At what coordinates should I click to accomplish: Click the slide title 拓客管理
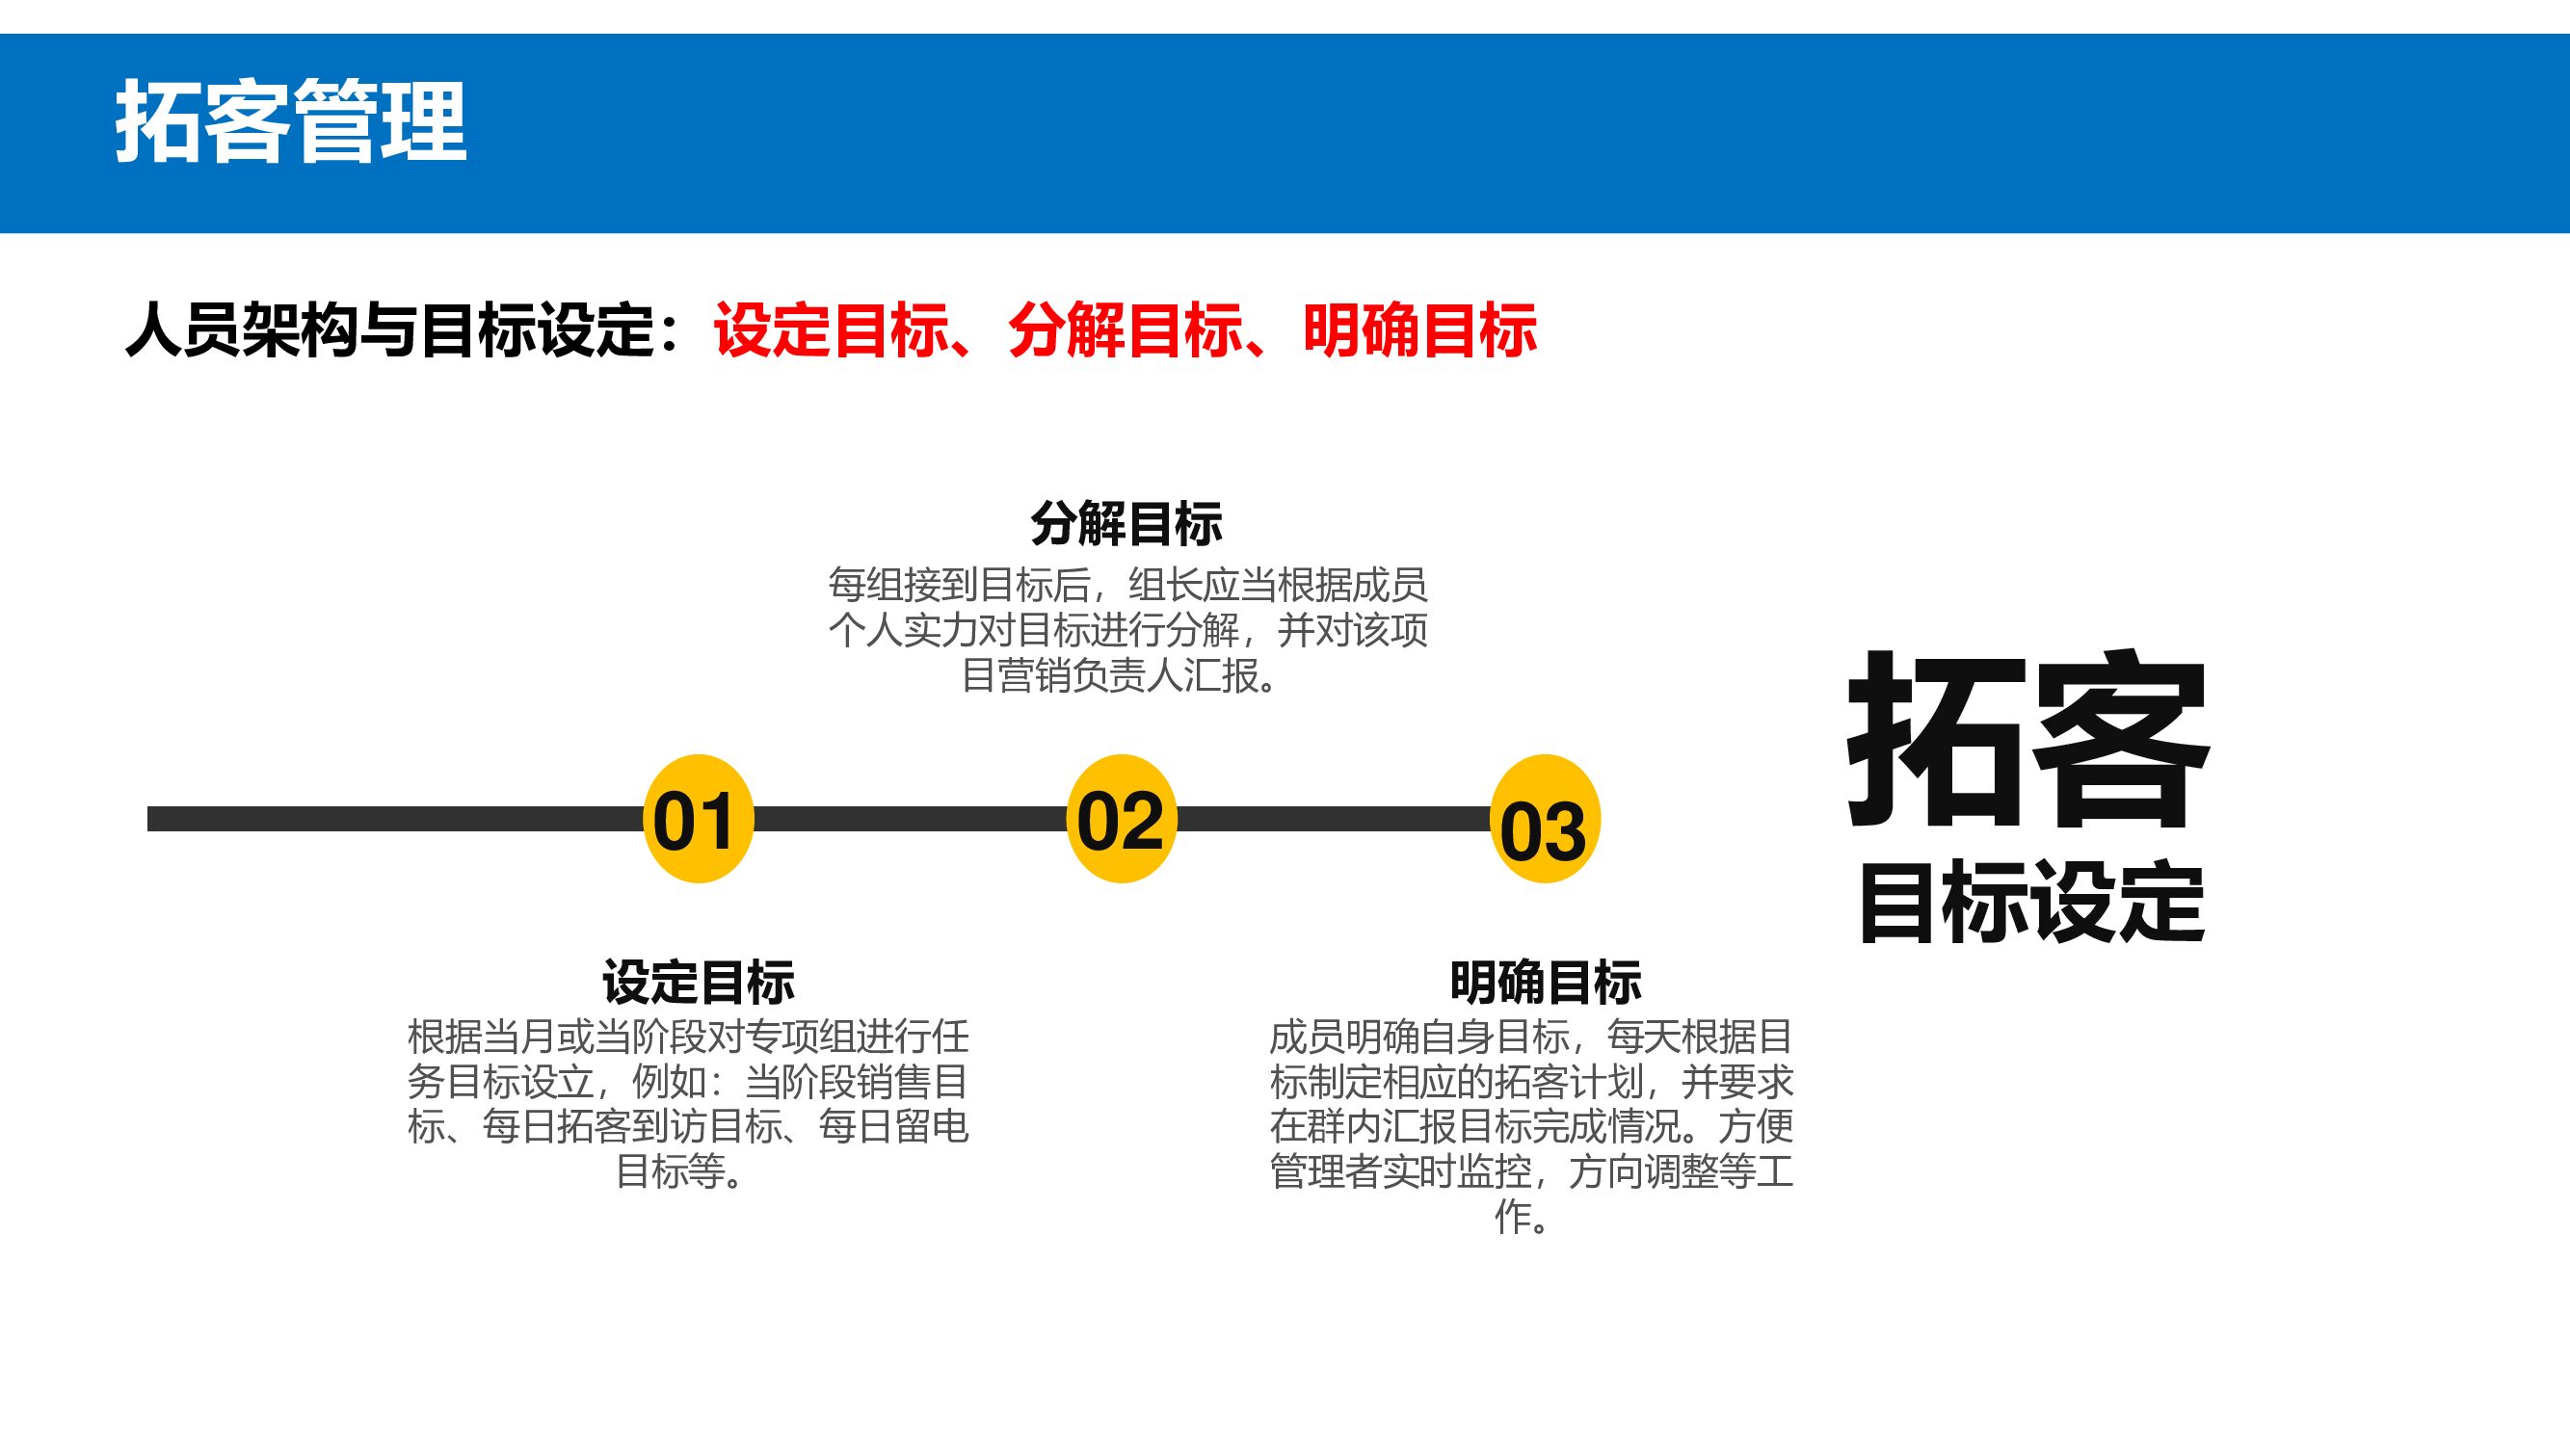pos(290,123)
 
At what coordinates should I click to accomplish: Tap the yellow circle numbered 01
pos(698,819)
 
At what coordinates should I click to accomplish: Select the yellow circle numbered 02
pos(1122,819)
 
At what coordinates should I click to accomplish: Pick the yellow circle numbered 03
pos(1545,819)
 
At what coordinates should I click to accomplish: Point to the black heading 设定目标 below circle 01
pos(698,983)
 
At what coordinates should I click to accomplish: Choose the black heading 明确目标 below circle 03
pos(1546,983)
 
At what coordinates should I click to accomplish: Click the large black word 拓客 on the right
pos(2028,740)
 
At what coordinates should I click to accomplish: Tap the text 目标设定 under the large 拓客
pos(2032,903)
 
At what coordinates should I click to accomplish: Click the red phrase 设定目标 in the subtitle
pos(831,330)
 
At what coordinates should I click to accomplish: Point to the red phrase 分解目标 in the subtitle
pos(1126,330)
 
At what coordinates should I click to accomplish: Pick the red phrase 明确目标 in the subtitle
pos(1419,330)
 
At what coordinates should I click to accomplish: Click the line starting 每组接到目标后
pos(1127,586)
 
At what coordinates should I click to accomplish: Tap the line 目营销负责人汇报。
pos(1120,675)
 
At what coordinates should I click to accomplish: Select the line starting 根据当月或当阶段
pos(688,1038)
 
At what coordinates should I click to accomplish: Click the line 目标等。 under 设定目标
pos(680,1171)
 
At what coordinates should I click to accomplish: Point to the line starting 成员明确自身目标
pos(1531,1038)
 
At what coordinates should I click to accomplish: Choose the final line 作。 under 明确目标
pos(1522,1217)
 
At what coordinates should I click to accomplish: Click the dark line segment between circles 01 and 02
pos(910,819)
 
